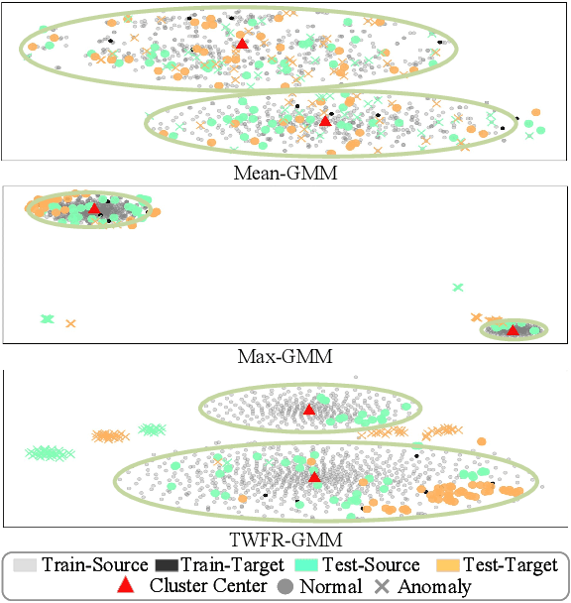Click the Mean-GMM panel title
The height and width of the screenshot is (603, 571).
[285, 173]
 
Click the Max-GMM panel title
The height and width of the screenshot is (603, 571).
[285, 356]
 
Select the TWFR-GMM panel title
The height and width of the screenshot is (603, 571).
[285, 541]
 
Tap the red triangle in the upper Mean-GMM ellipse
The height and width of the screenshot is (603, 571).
[242, 44]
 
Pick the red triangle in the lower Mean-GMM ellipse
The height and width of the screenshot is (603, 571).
[325, 120]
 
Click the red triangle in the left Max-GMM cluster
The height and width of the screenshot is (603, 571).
[95, 208]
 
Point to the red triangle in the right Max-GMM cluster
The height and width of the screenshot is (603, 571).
[513, 329]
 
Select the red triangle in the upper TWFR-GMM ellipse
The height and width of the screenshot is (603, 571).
[308, 410]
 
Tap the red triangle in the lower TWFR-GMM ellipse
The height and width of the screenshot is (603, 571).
[314, 477]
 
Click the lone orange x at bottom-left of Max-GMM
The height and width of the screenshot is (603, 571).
[70, 323]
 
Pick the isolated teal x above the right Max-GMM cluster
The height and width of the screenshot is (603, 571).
[458, 288]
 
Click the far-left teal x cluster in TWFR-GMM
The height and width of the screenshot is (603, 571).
[45, 453]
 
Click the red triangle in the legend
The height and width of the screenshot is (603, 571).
[125, 586]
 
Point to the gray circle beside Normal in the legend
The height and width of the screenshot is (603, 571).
[285, 586]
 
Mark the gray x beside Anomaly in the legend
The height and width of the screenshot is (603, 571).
[383, 586]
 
